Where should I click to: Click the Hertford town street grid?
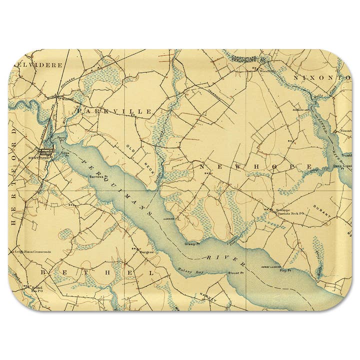click(45, 150)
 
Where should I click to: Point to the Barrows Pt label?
click(95, 176)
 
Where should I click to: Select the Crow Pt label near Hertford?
click(65, 154)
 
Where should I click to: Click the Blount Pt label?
click(235, 273)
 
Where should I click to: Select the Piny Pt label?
click(285, 270)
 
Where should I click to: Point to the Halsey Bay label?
click(187, 269)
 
